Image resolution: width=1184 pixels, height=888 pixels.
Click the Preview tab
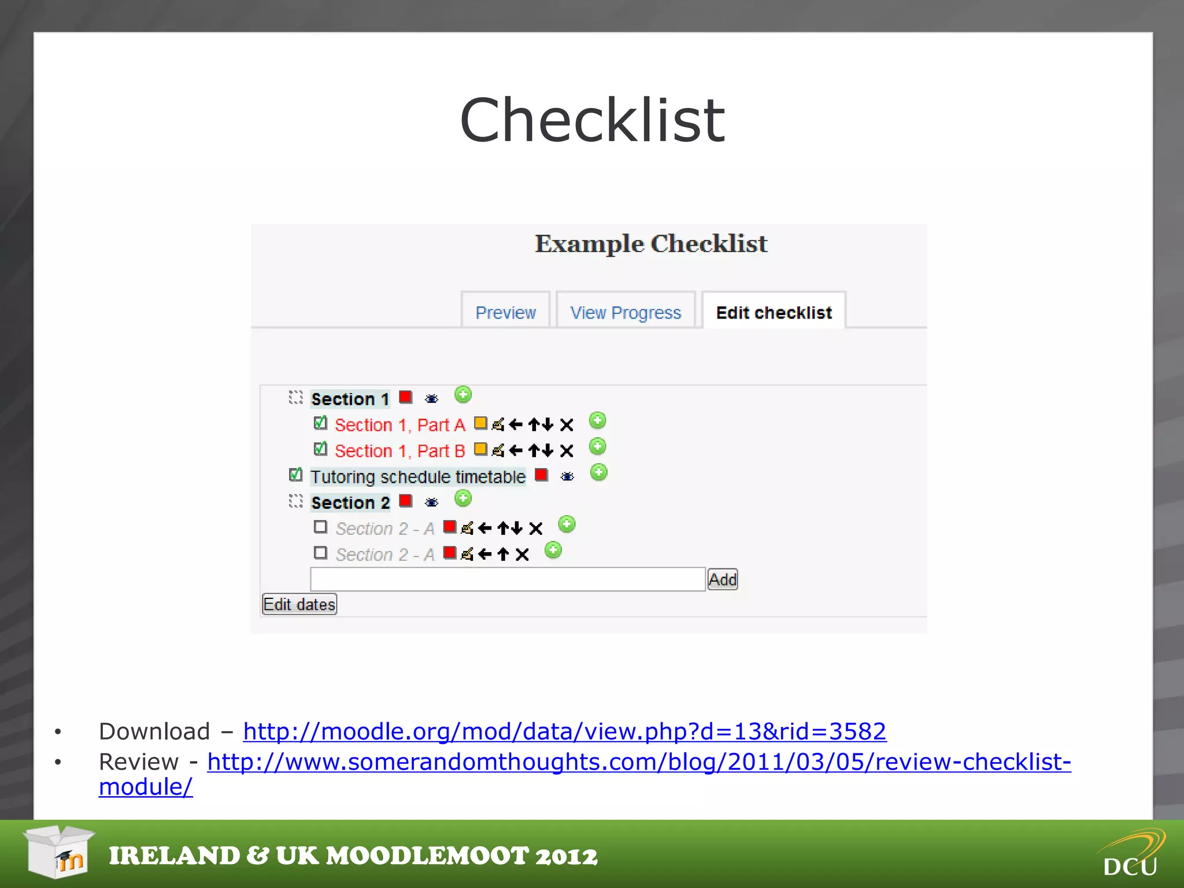tap(505, 312)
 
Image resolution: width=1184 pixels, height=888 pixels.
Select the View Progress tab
tap(626, 312)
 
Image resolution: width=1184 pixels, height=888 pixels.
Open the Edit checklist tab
tap(774, 312)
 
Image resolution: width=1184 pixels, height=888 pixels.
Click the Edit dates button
tap(299, 604)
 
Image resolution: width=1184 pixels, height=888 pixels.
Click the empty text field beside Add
tap(508, 579)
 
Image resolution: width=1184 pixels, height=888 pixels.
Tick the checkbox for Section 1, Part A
tap(320, 423)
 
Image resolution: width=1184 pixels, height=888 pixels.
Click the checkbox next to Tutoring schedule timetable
tap(295, 475)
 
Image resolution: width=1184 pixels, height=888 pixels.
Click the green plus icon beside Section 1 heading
tap(463, 395)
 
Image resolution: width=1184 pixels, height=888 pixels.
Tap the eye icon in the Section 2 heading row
tap(431, 502)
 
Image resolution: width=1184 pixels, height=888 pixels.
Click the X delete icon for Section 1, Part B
tap(567, 450)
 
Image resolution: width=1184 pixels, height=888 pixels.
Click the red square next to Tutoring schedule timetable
tap(541, 475)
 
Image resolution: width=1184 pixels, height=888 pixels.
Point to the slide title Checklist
tap(592, 120)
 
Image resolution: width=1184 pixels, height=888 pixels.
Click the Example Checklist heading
tap(651, 243)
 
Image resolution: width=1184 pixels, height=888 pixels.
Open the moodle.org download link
tap(564, 731)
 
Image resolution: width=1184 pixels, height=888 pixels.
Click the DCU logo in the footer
tap(1131, 854)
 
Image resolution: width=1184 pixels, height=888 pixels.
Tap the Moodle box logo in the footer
tap(59, 852)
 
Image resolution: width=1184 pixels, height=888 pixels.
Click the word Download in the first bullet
tap(154, 731)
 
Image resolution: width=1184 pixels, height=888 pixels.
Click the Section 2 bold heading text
tap(350, 502)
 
